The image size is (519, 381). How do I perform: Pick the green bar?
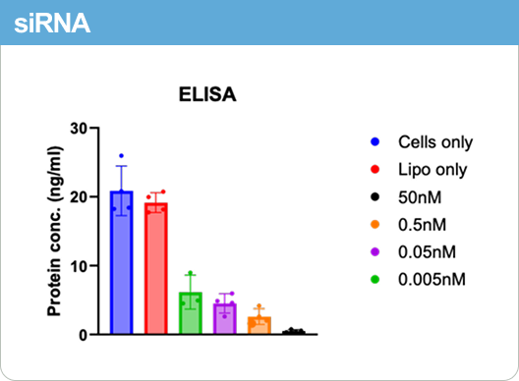click(x=191, y=313)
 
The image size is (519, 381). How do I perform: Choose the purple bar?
click(x=225, y=319)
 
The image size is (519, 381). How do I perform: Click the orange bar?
click(x=259, y=325)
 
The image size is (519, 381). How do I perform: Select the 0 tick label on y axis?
click(x=85, y=335)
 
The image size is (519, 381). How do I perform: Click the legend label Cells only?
click(x=435, y=142)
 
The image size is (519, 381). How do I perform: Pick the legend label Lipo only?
click(x=432, y=170)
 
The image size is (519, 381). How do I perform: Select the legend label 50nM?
click(x=420, y=197)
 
